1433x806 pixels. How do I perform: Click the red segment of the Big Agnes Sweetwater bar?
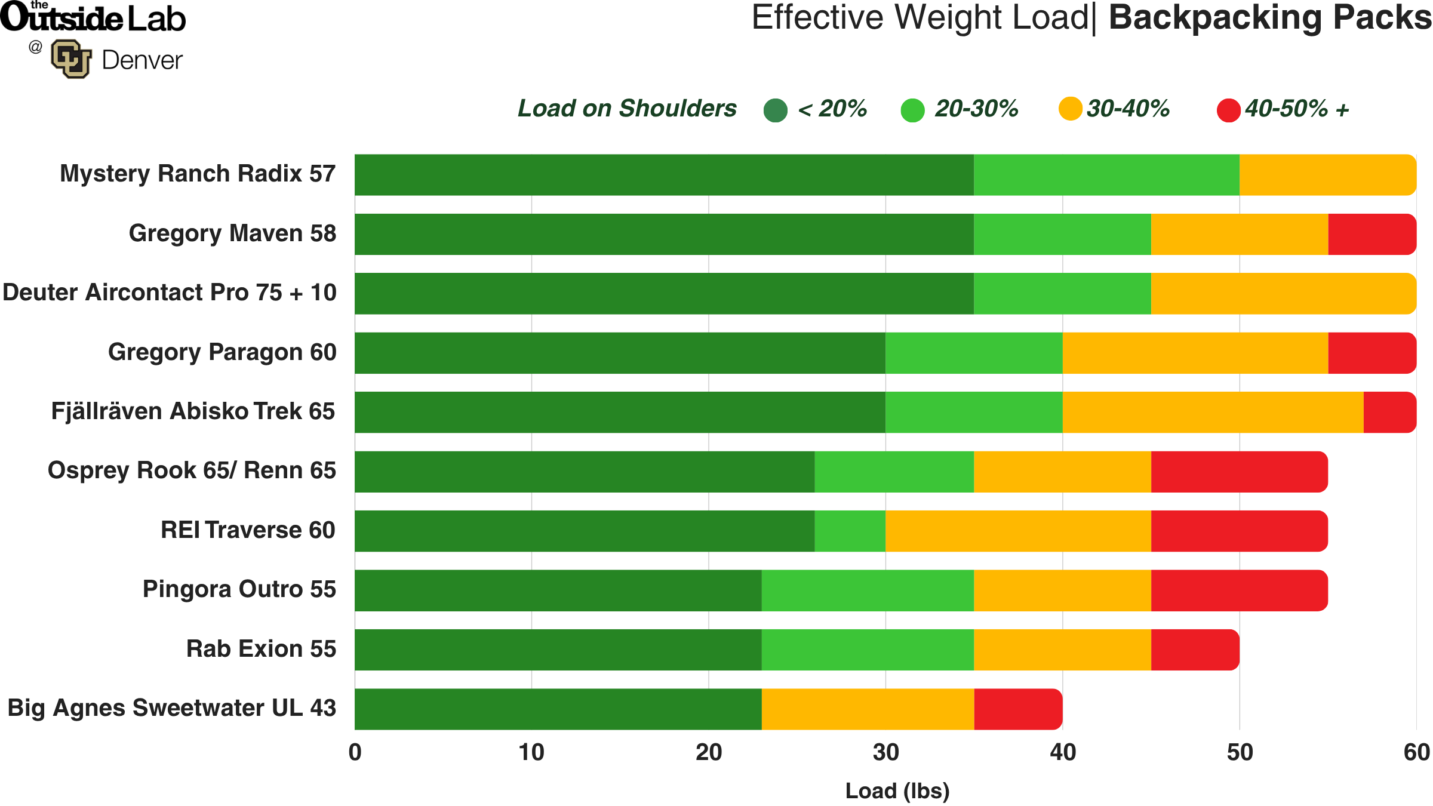(1018, 709)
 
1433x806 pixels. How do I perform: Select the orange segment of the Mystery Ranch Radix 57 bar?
(1327, 175)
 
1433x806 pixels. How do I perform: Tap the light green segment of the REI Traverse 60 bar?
(850, 531)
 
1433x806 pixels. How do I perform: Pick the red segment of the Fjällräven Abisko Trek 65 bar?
(1389, 412)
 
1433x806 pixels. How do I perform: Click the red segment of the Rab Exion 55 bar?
(1195, 650)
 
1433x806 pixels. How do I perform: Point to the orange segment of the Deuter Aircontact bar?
(1283, 294)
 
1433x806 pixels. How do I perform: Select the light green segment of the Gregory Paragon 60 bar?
(974, 353)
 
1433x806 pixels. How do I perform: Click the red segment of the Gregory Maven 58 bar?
(1372, 234)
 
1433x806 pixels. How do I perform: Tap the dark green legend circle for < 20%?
(776, 110)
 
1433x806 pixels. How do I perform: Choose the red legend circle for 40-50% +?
(1228, 110)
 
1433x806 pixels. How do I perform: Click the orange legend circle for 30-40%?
(1070, 109)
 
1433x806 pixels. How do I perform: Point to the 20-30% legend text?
(976, 109)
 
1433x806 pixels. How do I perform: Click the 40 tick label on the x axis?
(1063, 752)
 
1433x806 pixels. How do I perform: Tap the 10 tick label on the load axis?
(531, 752)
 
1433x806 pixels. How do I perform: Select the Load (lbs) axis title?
(897, 790)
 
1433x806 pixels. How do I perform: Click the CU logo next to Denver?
(71, 59)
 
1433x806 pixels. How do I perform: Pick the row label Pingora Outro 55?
(239, 589)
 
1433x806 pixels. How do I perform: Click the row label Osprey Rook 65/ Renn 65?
(192, 470)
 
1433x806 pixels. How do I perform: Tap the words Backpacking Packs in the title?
(1269, 18)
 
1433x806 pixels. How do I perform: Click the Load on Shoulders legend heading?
(626, 109)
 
